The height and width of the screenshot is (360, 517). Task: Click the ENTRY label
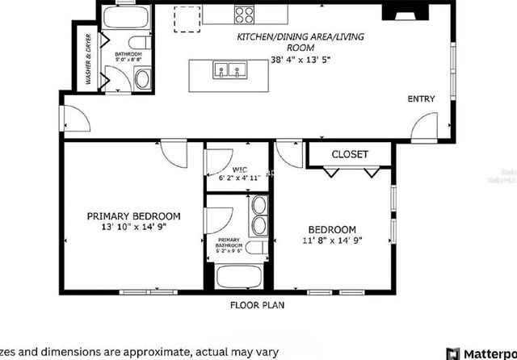point(421,99)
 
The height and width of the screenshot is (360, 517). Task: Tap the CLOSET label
point(350,154)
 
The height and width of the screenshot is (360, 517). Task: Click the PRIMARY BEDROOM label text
point(134,216)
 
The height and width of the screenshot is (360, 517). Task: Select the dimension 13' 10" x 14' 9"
point(134,228)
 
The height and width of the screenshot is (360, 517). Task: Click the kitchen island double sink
point(228,72)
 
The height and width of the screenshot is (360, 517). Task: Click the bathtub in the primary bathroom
point(238,276)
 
